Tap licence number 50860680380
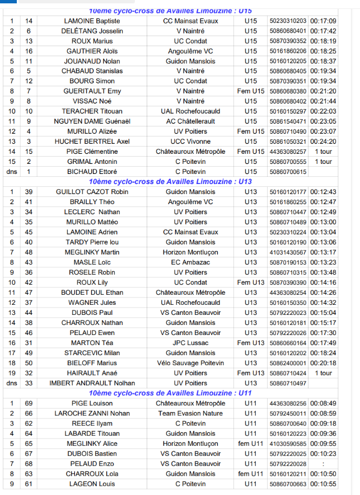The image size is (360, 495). click(288, 91)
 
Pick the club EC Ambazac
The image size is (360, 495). click(190, 262)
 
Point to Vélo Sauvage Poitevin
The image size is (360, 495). click(190, 363)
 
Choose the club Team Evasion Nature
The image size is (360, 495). click(190, 413)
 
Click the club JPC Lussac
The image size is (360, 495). click(190, 343)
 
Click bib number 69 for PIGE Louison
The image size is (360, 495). click(29, 403)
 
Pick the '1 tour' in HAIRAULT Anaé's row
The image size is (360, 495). click(323, 373)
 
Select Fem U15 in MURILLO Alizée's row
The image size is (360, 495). click(250, 131)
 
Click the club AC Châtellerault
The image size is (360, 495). click(190, 121)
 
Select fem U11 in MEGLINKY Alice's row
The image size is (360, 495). click(250, 444)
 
